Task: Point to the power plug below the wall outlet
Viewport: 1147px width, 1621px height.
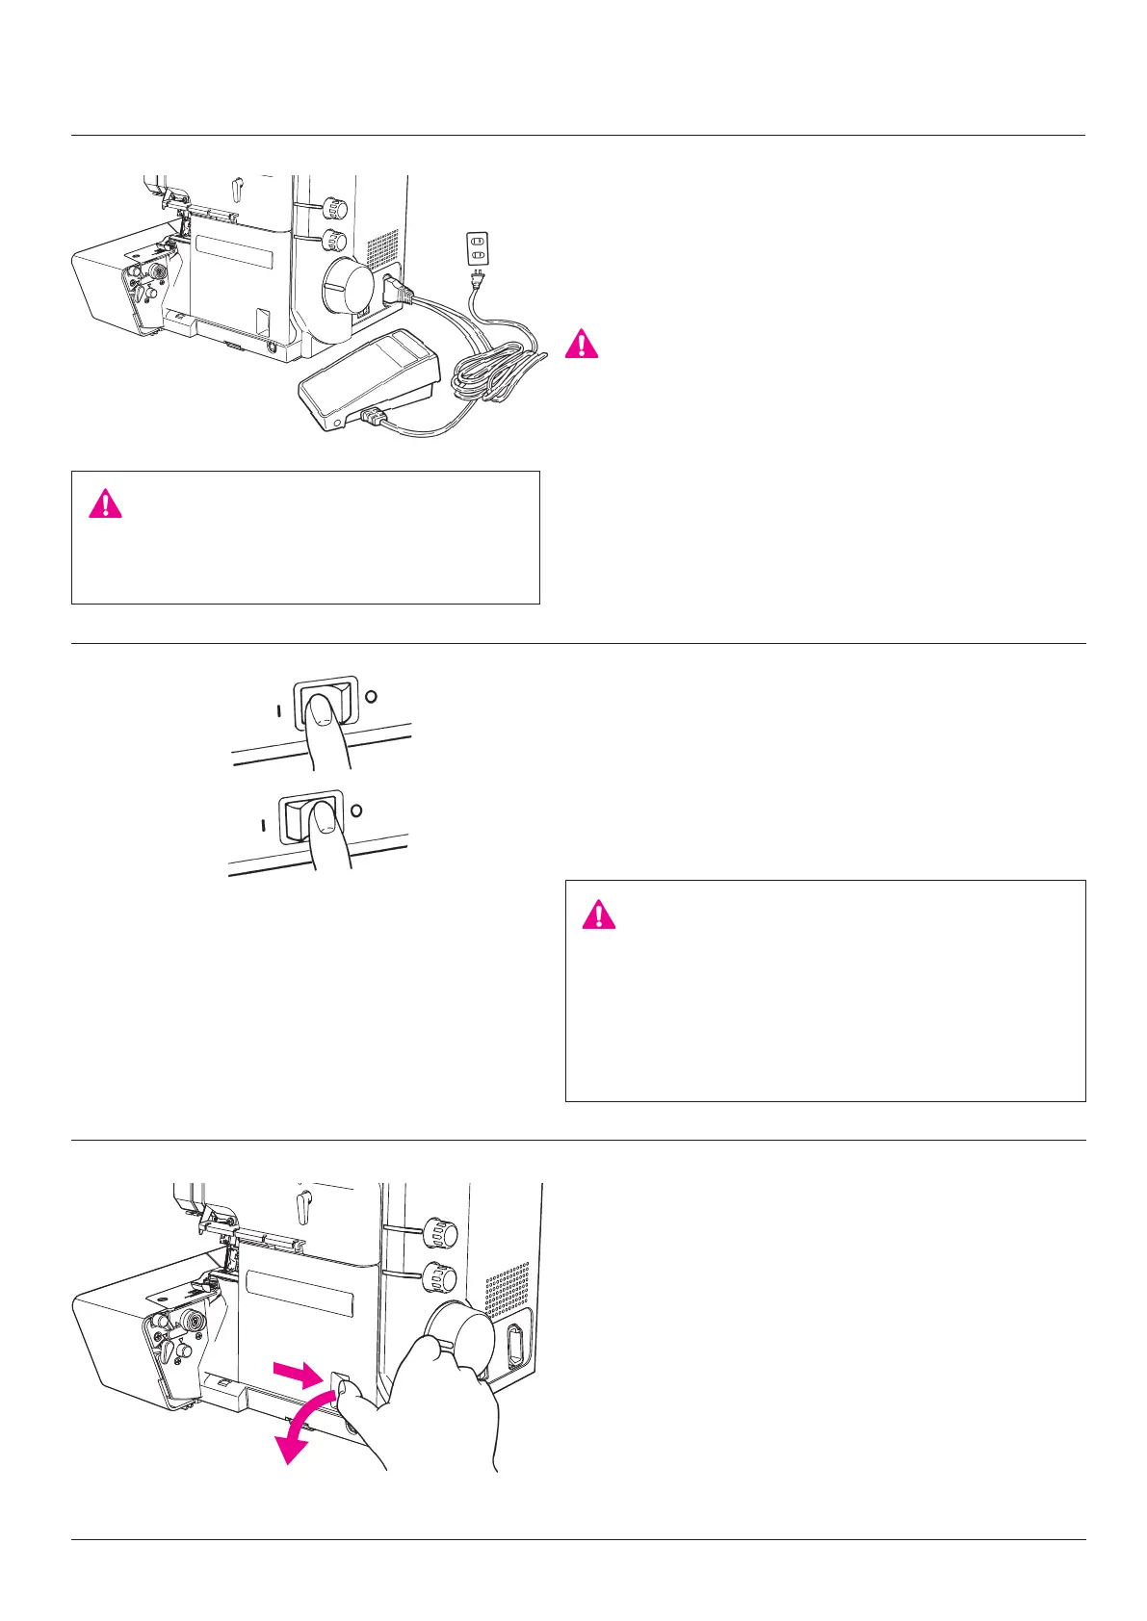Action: (476, 281)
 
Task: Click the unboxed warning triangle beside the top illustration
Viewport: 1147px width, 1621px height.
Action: (582, 344)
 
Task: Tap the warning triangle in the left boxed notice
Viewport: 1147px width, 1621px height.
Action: (105, 503)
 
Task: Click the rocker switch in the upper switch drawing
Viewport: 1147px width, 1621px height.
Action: (325, 702)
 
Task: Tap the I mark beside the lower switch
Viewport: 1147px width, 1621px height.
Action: (262, 825)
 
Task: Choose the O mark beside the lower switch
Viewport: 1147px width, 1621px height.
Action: (356, 810)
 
